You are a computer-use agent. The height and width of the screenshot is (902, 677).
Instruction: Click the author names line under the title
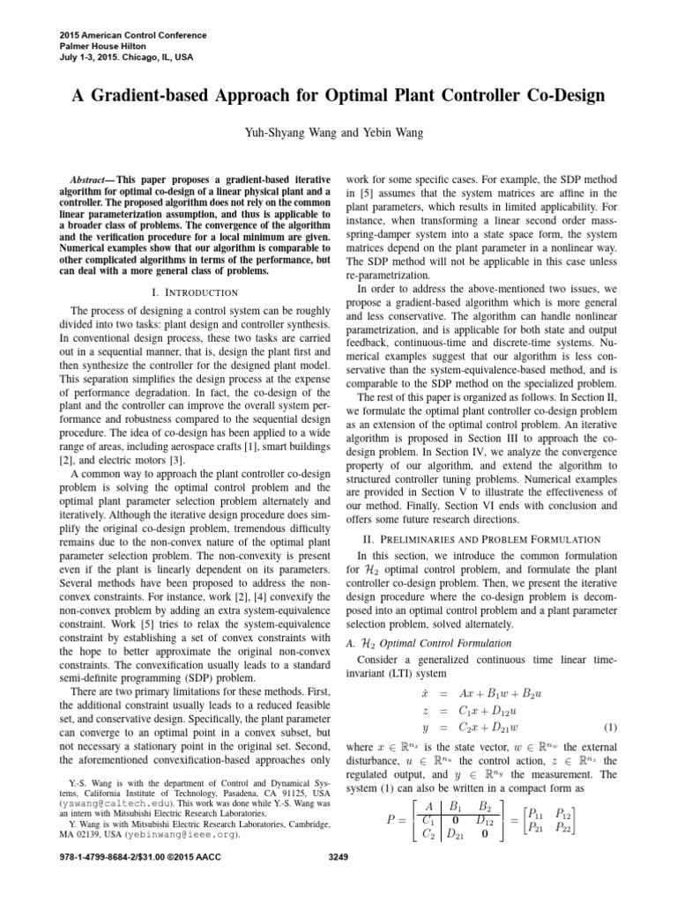[338, 134]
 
